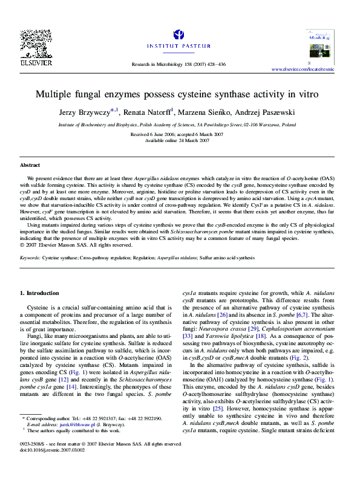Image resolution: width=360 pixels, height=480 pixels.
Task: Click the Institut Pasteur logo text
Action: point(182,45)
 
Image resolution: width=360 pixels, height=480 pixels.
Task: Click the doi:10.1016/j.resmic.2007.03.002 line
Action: point(53,467)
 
